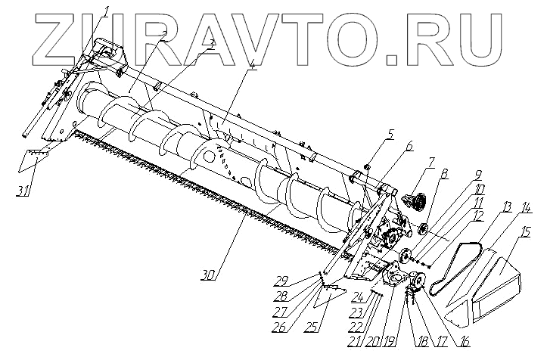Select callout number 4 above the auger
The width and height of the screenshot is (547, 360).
pos(231,66)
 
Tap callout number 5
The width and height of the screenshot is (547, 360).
pos(390,134)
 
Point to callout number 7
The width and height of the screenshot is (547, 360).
pos(430,162)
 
